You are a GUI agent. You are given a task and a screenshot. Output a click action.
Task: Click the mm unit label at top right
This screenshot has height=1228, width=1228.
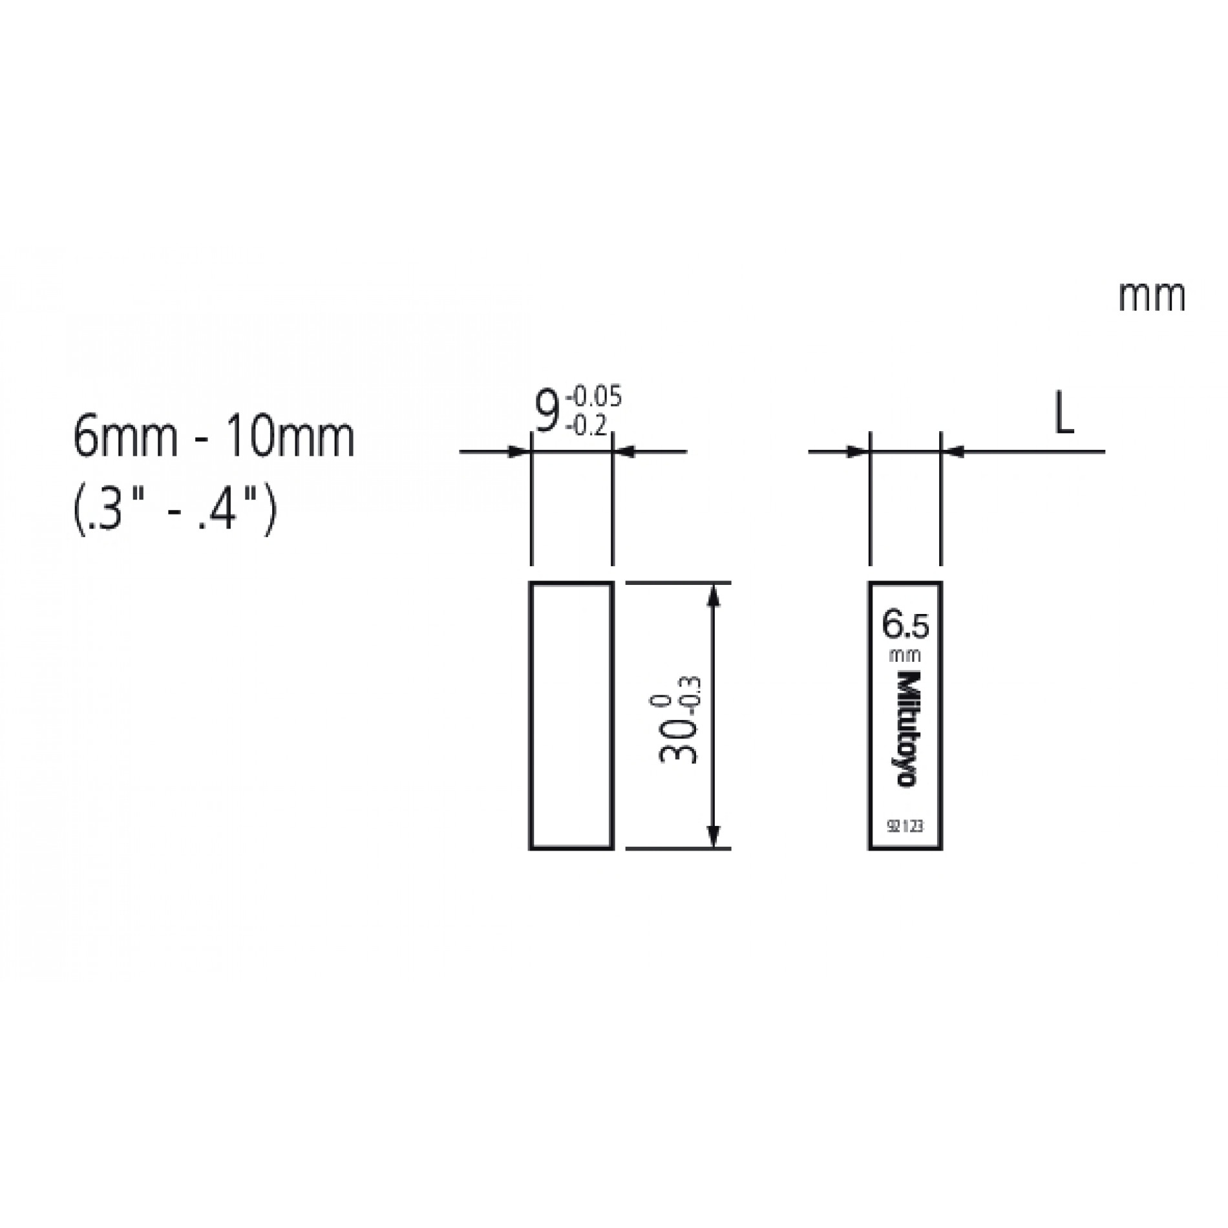[x=1152, y=298]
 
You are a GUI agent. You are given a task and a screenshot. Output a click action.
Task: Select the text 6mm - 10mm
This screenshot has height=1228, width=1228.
[x=214, y=438]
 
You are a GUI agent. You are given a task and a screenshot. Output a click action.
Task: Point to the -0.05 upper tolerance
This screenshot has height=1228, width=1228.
[x=593, y=396]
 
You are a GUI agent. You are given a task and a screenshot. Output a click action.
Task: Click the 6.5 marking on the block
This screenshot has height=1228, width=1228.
[x=905, y=626]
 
